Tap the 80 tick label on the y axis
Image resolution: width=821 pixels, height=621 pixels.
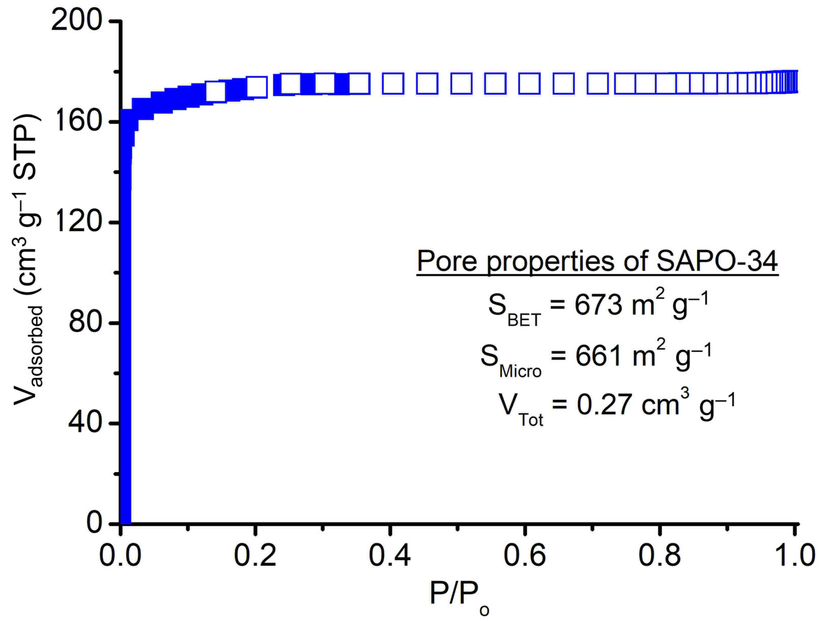pyautogui.click(x=85, y=322)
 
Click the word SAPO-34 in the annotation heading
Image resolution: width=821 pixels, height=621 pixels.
pyautogui.click(x=717, y=261)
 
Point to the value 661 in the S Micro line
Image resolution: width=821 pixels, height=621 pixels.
pyautogui.click(x=598, y=356)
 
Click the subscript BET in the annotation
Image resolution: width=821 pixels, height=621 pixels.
pyautogui.click(x=524, y=320)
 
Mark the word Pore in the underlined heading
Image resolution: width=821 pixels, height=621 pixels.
pyautogui.click(x=447, y=261)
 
